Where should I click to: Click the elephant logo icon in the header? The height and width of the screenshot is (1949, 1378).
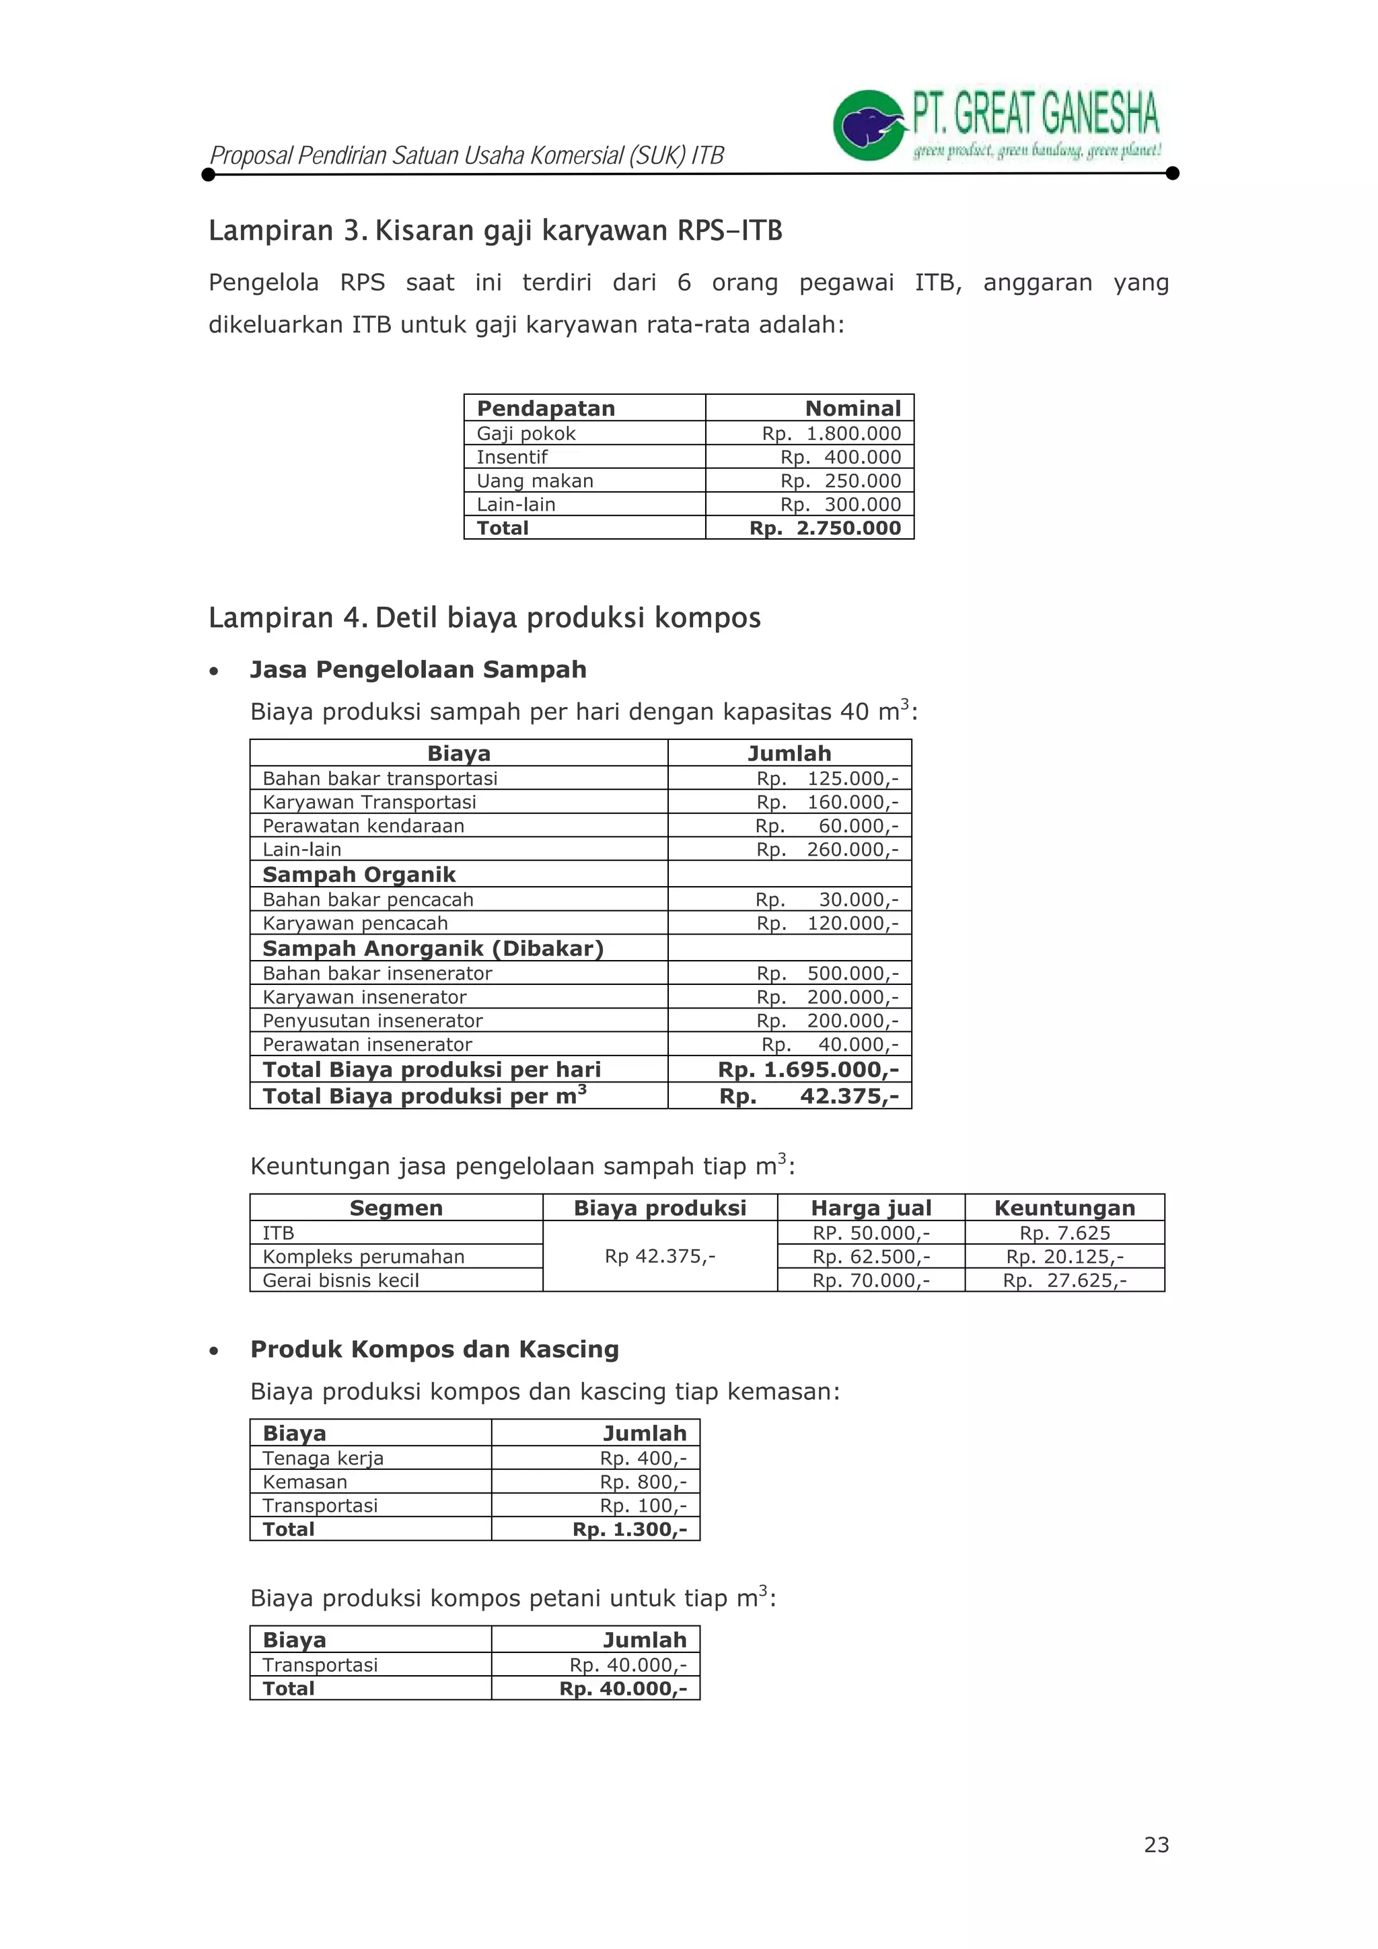(x=868, y=126)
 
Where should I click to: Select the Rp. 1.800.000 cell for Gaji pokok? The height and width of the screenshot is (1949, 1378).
(x=830, y=434)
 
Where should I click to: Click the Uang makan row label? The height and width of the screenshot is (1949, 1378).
(x=534, y=480)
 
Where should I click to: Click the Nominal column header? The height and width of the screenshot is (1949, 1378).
(x=853, y=408)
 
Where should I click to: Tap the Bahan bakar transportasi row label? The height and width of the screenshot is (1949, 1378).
(x=379, y=778)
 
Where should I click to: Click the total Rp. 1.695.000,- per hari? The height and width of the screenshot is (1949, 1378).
(x=807, y=1070)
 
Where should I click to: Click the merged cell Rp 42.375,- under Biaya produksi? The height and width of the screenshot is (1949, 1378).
(x=659, y=1256)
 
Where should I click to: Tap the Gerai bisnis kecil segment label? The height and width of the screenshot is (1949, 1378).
(x=340, y=1280)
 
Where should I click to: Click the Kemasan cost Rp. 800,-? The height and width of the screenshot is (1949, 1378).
(x=643, y=1482)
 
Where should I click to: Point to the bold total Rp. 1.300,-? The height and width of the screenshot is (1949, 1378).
(x=629, y=1530)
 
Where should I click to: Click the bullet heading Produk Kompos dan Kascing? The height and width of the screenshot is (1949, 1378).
(x=434, y=1350)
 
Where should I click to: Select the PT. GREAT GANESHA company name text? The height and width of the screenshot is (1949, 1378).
(x=1035, y=114)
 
